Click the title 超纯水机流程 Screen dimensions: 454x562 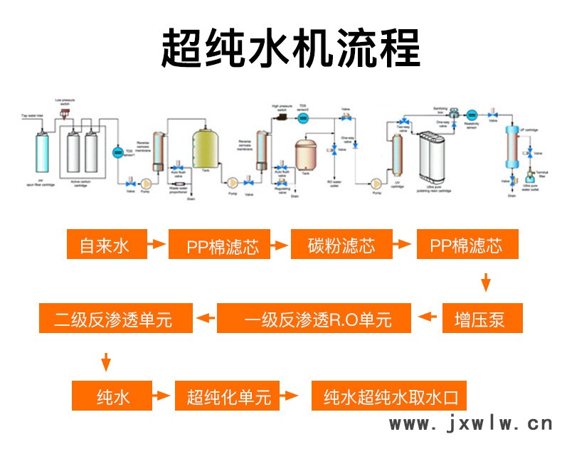[281, 48]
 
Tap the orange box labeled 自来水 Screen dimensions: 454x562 [105, 246]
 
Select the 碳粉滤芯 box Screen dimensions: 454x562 [342, 246]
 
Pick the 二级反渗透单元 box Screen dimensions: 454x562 [115, 318]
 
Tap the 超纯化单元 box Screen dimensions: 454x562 [228, 396]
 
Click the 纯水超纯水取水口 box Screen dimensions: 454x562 [390, 396]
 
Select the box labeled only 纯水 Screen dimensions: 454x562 [113, 396]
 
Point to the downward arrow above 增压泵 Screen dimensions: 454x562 [486, 282]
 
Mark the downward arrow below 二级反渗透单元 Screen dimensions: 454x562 [105, 361]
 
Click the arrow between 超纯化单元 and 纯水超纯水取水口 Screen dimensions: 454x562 [294, 396]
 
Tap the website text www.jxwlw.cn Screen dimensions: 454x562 [471, 424]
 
